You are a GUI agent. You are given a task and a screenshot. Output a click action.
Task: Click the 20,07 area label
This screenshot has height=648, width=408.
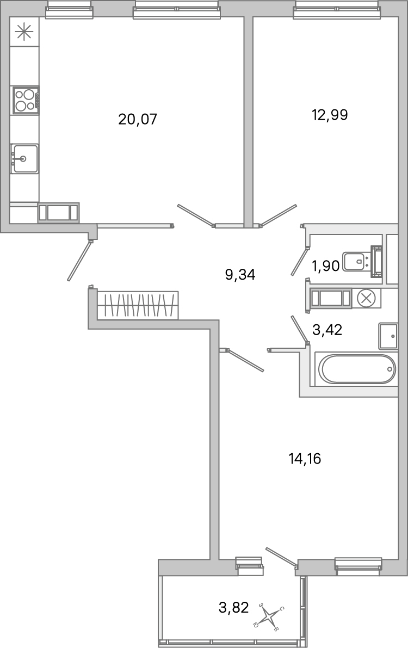[x=138, y=119]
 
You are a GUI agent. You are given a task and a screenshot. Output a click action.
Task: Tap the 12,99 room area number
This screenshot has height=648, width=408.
[x=330, y=115]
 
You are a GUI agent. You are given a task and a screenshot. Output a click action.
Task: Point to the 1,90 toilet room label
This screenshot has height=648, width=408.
[x=325, y=266]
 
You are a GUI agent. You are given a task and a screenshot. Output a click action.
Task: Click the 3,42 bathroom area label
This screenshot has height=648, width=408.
[x=327, y=329]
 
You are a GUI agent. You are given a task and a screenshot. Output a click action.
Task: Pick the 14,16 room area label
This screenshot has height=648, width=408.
[x=305, y=459]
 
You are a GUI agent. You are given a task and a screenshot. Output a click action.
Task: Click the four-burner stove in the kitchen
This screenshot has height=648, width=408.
[x=26, y=100]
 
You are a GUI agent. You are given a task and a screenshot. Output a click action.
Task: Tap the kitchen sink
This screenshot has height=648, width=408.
[x=25, y=159]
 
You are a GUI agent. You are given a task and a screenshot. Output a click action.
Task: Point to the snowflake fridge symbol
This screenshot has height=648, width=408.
[x=24, y=32]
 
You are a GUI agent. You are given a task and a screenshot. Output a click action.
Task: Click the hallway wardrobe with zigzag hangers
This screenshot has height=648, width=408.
[x=138, y=305]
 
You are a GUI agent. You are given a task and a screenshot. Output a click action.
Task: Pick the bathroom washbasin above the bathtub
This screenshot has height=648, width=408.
[x=388, y=336]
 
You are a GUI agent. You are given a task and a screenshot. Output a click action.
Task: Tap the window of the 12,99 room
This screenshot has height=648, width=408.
[x=336, y=9]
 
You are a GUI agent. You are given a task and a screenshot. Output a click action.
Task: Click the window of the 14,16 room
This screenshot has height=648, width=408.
[x=358, y=566]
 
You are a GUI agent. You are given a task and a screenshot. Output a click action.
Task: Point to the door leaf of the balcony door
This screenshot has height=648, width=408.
[x=281, y=556]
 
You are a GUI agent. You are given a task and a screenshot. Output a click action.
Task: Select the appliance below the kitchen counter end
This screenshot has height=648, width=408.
[x=58, y=212]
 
